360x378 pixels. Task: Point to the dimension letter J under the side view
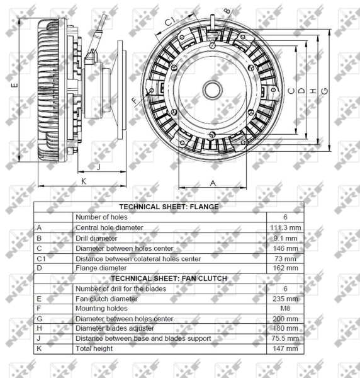point(98,167)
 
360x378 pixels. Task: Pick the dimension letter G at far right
point(324,91)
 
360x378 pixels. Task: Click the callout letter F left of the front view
point(134,100)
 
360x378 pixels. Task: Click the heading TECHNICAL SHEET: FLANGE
point(169,206)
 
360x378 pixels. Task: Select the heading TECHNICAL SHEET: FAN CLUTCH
point(169,277)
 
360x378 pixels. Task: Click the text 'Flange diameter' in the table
point(101,268)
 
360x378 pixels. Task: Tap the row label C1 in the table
point(42,258)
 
